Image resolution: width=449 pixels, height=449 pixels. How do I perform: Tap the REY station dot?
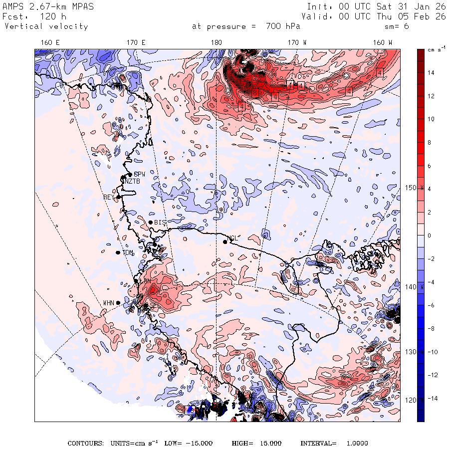(x=119, y=198)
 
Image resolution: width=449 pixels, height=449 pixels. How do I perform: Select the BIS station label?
(x=160, y=222)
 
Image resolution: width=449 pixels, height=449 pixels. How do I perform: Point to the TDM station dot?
(x=118, y=253)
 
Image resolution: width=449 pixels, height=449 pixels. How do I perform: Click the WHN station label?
(x=109, y=303)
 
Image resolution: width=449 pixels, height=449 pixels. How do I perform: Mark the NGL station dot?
(x=225, y=242)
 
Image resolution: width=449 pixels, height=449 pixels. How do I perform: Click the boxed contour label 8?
(x=254, y=92)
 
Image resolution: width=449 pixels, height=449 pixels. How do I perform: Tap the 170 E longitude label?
(x=136, y=43)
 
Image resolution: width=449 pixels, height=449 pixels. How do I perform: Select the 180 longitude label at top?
(x=217, y=43)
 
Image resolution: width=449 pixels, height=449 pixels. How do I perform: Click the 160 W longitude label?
(x=383, y=43)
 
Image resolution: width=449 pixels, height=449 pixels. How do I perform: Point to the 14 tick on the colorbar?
(x=431, y=73)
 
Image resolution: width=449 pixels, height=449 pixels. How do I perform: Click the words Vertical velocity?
(x=46, y=26)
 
